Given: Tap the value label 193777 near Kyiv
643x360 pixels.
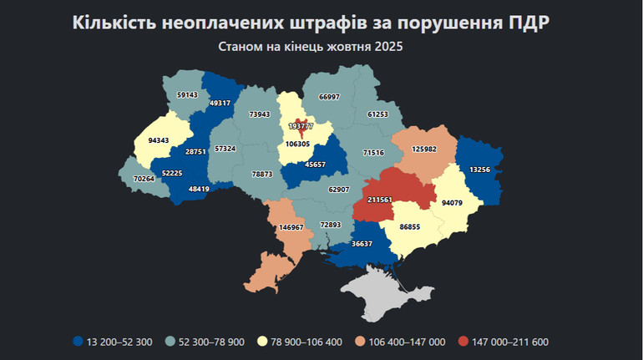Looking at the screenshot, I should [301, 125].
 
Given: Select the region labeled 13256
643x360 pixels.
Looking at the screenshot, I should [480, 170].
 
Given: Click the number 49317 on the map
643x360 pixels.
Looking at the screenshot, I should [220, 103].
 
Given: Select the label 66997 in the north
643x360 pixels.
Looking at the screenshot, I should [329, 97].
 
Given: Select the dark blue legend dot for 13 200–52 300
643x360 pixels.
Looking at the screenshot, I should [78, 342].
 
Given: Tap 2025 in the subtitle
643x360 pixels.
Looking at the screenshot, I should [386, 47].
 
